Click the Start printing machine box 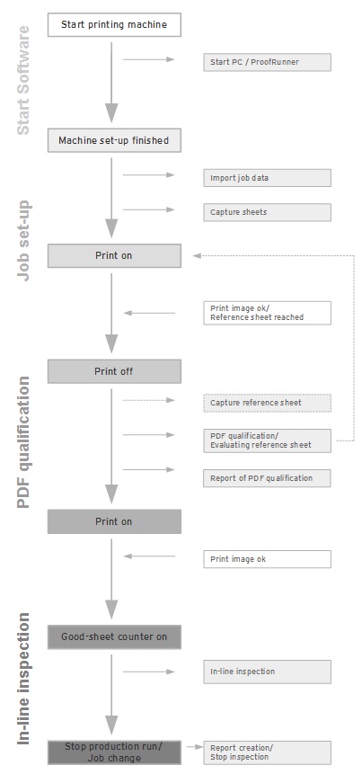114,24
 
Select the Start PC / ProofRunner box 267,62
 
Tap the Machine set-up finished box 114,140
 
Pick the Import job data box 267,178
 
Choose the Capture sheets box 267,212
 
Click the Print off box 114,371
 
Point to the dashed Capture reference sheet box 267,403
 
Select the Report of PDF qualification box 267,478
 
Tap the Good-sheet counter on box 114,636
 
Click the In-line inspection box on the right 267,672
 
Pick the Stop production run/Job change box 114,752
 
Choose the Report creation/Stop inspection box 267,752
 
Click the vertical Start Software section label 23,80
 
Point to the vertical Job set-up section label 23,241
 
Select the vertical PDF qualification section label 23,442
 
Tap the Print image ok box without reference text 267,559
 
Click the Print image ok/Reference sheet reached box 267,313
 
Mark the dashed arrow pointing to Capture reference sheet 149,400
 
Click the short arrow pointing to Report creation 195,747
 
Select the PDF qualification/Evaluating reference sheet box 267,440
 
